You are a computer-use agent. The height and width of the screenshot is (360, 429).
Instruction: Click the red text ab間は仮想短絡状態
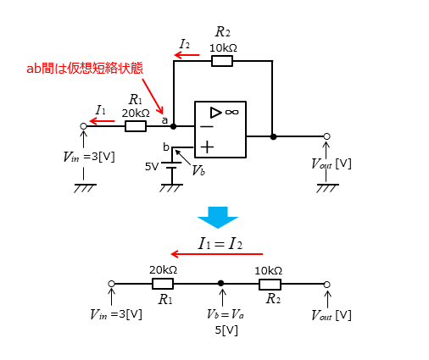(85, 69)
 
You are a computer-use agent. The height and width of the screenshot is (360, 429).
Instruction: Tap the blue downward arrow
(218, 218)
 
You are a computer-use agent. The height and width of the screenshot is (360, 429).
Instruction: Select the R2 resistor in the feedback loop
(222, 61)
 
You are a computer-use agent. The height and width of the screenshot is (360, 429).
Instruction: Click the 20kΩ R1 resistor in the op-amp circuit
(136, 126)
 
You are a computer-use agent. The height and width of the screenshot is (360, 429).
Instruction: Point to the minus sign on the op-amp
(207, 126)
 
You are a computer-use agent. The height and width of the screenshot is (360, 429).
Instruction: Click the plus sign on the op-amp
(207, 147)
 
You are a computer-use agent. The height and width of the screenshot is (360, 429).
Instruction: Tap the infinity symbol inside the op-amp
(232, 112)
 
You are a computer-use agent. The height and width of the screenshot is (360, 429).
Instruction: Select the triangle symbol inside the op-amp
(215, 113)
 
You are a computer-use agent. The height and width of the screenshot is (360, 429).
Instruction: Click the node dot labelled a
(174, 126)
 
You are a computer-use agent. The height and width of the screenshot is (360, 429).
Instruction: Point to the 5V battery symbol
(171, 165)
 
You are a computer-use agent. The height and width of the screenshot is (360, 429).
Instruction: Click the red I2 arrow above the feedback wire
(187, 55)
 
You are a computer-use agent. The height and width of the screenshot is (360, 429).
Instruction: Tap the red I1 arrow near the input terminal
(102, 121)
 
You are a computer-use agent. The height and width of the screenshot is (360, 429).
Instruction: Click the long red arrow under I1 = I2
(217, 254)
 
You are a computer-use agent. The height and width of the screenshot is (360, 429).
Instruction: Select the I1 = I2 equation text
(220, 243)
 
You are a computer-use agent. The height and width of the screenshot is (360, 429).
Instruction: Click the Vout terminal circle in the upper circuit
(326, 136)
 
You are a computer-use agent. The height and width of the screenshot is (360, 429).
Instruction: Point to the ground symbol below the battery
(171, 188)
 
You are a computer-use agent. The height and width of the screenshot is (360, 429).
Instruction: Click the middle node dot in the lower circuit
(221, 283)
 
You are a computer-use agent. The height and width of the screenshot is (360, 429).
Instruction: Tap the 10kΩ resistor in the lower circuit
(270, 285)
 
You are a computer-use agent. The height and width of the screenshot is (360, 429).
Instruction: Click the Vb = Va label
(226, 314)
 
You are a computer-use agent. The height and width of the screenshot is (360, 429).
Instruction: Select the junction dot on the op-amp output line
(273, 137)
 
